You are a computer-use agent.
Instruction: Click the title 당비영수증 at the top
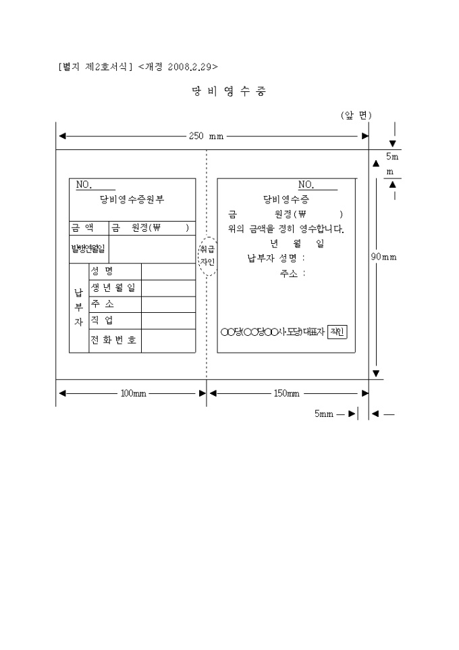click(x=228, y=92)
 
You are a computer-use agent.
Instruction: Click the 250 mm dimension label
click(x=207, y=136)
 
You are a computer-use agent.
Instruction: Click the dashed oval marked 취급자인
click(x=207, y=256)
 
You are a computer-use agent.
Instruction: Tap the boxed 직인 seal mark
click(x=337, y=332)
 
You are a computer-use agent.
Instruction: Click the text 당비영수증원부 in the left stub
click(x=132, y=199)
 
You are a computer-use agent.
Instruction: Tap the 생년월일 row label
click(x=113, y=289)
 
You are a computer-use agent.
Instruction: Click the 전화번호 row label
click(x=113, y=340)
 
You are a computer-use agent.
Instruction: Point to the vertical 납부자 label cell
click(x=78, y=307)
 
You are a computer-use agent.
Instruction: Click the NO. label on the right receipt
click(x=306, y=184)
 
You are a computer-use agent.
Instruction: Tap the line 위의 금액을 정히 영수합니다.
click(x=286, y=229)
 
